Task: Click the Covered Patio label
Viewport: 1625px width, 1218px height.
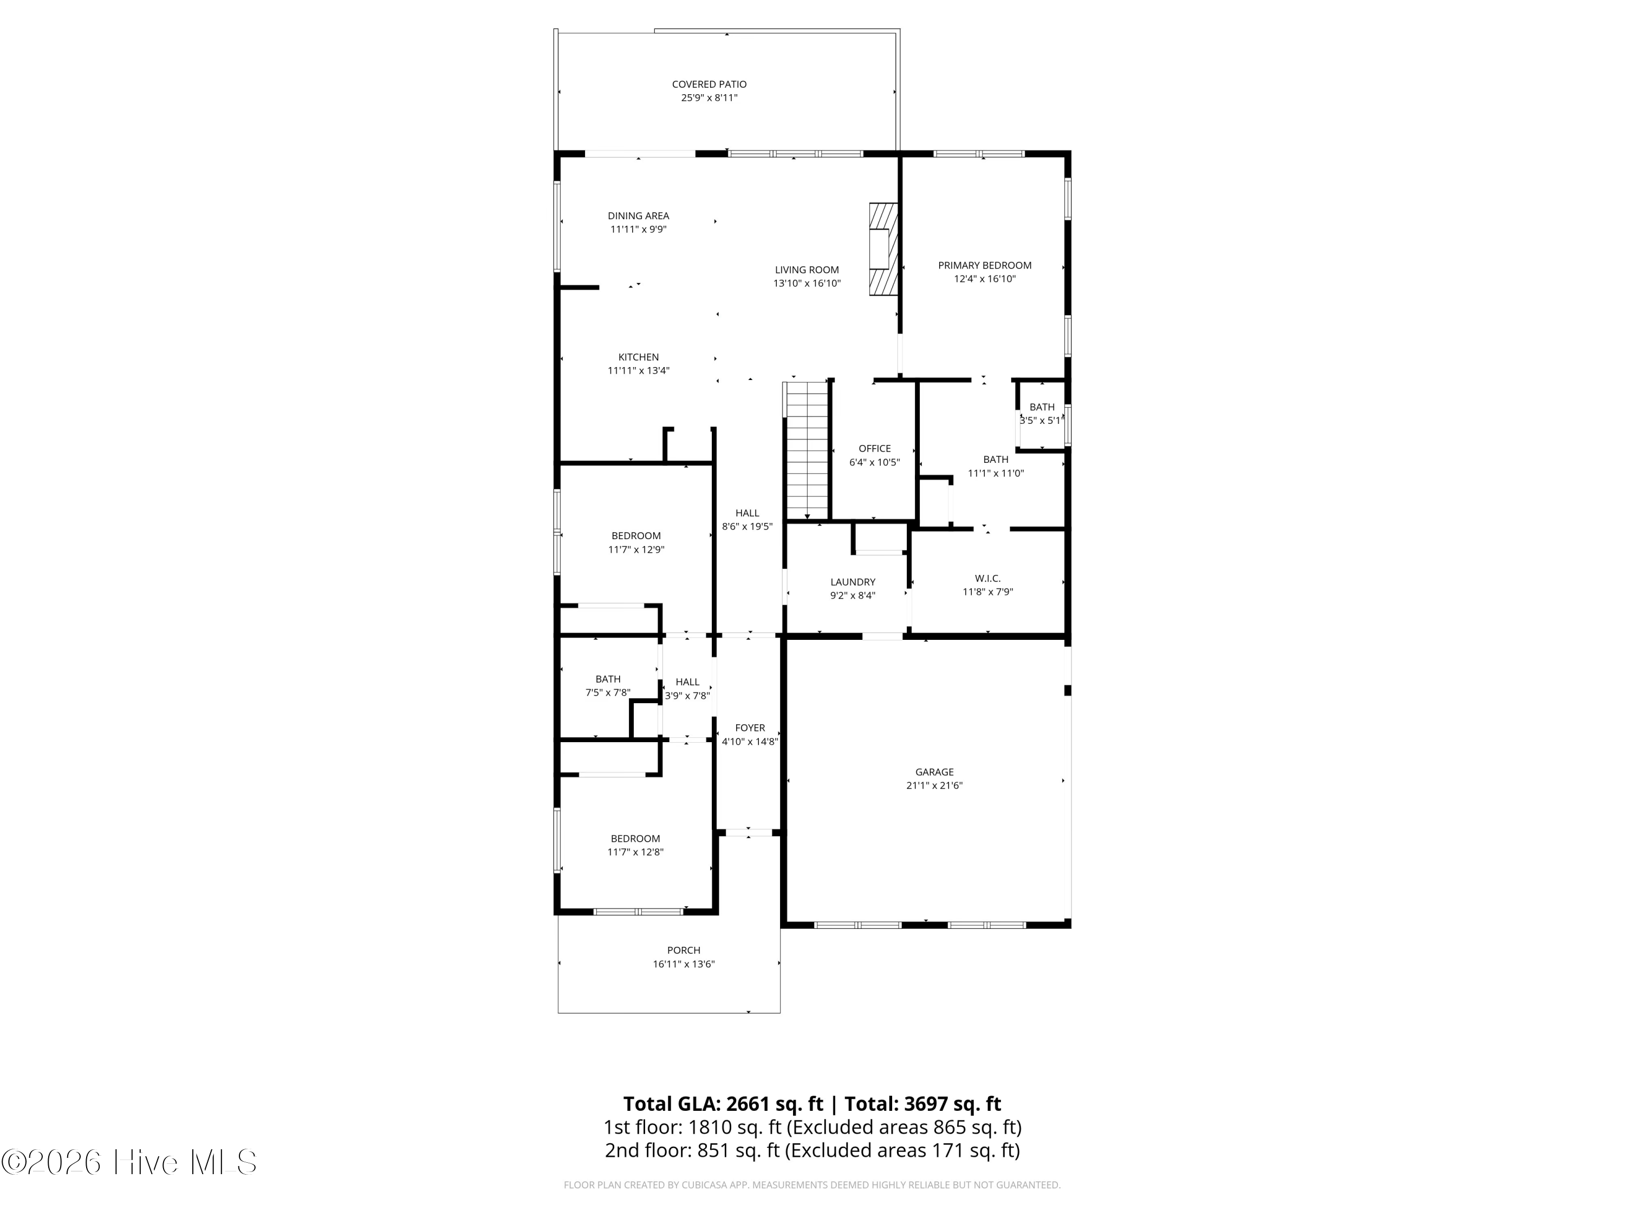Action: coord(709,84)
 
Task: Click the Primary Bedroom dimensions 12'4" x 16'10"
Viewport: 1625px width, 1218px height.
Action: coord(984,279)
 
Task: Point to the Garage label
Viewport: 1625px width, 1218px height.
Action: coord(934,771)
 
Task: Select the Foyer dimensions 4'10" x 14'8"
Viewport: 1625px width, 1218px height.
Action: coord(749,742)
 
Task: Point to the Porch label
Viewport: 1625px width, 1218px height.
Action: coord(683,950)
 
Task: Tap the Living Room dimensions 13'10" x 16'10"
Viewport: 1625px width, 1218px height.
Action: coord(807,284)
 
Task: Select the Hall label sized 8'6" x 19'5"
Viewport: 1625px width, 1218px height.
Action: coord(747,513)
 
